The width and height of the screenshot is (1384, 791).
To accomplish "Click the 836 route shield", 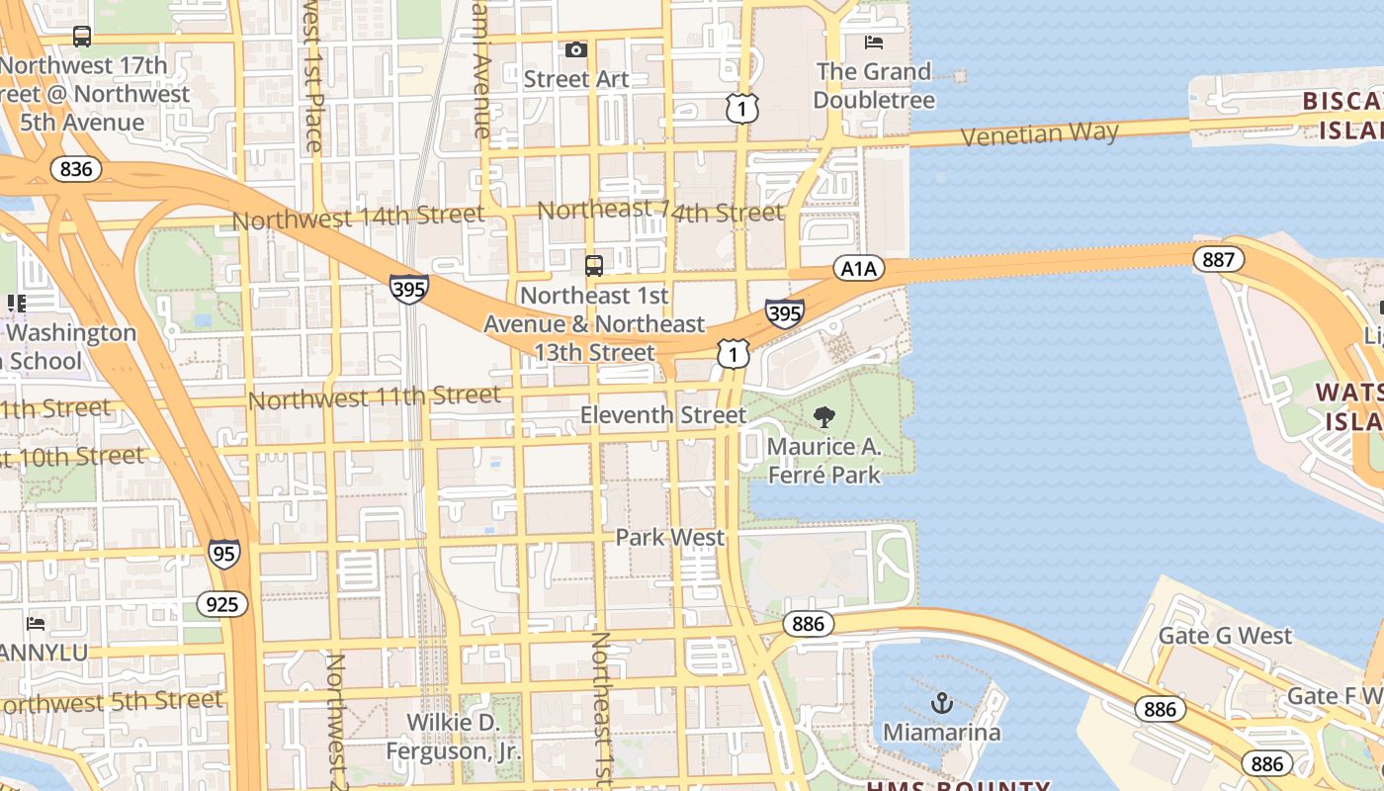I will (76, 169).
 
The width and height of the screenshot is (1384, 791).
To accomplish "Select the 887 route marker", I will (1218, 259).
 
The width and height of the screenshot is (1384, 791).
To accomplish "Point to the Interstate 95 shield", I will (224, 554).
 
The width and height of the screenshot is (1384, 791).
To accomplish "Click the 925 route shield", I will (221, 603).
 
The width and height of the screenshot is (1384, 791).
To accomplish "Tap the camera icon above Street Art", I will (575, 49).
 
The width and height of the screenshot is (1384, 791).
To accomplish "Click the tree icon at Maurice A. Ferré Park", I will (823, 417).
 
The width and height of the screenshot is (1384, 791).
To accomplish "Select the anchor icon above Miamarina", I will (942, 703).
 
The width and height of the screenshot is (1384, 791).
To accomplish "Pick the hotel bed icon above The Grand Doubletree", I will (874, 42).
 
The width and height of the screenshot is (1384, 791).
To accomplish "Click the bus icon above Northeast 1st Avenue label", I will (594, 265).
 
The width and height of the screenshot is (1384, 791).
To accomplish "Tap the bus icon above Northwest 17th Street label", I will (82, 37).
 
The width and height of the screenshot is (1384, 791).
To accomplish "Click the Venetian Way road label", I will (1040, 133).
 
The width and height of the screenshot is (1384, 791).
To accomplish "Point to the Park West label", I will (670, 538).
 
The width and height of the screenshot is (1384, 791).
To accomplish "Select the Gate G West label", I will (1225, 635).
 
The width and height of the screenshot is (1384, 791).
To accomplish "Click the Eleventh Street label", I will (663, 415).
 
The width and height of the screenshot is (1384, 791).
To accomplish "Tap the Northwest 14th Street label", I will (358, 217).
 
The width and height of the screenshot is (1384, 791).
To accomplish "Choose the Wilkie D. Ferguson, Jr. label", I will (452, 737).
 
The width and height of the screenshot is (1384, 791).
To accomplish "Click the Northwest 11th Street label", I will (375, 398).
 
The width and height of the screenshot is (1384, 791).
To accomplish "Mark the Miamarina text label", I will (941, 733).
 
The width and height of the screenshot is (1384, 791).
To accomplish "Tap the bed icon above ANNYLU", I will (36, 623).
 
